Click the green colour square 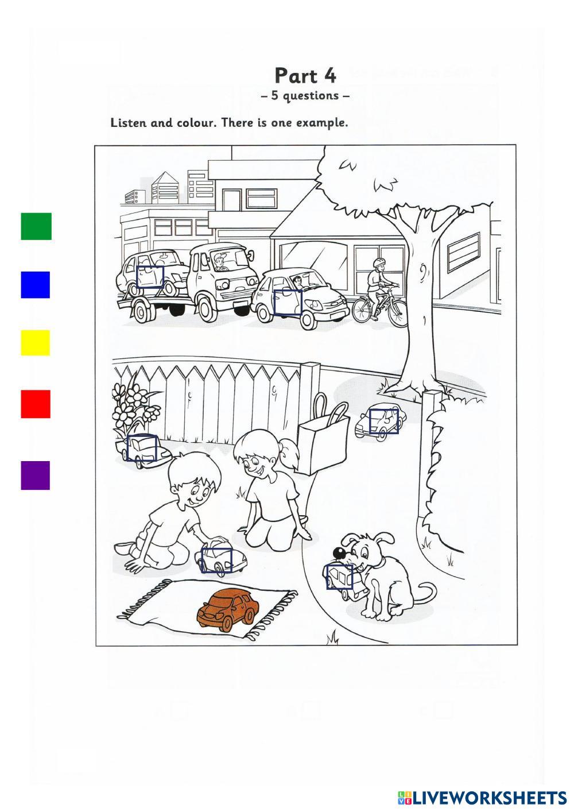(36, 226)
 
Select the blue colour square (36, 285)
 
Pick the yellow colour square (36, 343)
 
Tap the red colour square (36, 404)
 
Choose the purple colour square (36, 475)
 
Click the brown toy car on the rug (228, 610)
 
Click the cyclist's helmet (379, 262)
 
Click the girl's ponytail (290, 453)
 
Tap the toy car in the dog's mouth (344, 582)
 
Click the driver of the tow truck (220, 263)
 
